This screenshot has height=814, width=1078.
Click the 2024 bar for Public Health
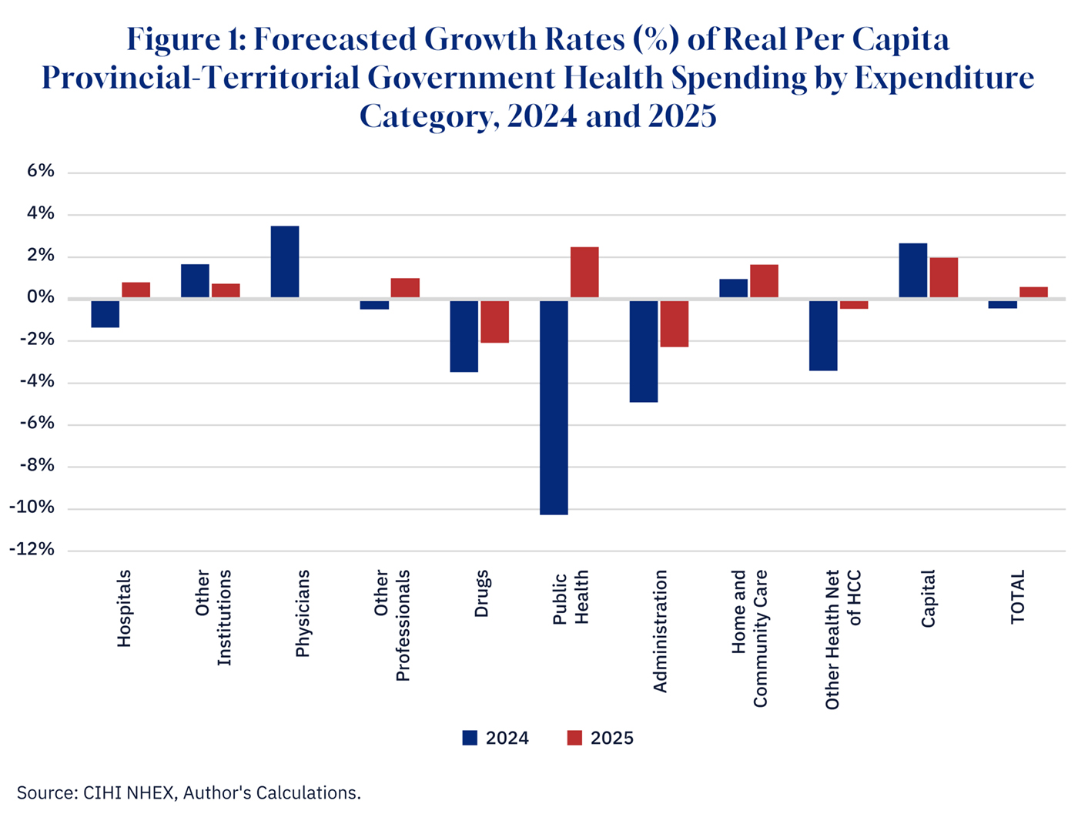coord(554,407)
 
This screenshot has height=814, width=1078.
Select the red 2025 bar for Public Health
coord(584,273)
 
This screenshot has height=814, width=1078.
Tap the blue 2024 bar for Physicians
coord(285,262)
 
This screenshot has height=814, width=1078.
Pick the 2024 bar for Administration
coord(644,350)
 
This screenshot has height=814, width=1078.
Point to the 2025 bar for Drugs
coord(494,321)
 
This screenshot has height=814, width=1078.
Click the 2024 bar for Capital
coord(912,270)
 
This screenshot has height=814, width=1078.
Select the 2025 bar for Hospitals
coord(136,290)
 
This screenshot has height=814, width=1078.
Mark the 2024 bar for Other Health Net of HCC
coord(823,335)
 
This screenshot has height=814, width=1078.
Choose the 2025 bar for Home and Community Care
coord(764,281)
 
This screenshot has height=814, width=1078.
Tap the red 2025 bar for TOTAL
coord(1033,293)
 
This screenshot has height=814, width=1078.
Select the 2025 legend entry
coord(600,738)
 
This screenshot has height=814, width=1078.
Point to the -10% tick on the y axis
coord(32,507)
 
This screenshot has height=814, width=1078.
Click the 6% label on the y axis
coord(41,172)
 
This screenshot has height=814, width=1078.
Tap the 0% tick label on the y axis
coord(41,298)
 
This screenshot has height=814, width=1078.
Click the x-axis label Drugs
coord(482,593)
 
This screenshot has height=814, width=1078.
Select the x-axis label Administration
coord(660,631)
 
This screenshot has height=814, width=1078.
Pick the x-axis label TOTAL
coord(1018,597)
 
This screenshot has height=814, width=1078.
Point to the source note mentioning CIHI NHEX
coord(189,792)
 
